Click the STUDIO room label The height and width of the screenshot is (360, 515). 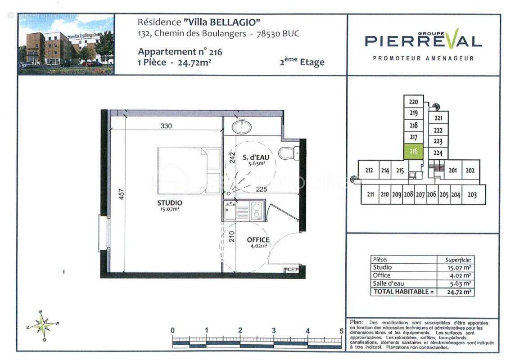(x=170, y=203)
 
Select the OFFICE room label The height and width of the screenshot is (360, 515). (x=258, y=240)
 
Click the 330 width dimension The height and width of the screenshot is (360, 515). (x=167, y=126)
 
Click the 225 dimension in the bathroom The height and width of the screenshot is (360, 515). (x=262, y=189)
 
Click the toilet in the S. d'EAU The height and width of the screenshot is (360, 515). (x=287, y=153)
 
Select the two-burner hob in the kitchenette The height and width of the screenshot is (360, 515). (x=256, y=209)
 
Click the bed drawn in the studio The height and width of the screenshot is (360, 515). (x=189, y=171)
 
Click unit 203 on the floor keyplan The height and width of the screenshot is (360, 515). (x=472, y=195)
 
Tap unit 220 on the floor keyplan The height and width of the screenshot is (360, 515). (x=414, y=102)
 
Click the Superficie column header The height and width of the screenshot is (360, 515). (x=457, y=260)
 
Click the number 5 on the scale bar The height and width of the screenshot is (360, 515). (x=341, y=331)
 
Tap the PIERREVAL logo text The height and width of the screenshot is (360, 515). (x=423, y=41)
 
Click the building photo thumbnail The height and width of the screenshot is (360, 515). (x=66, y=44)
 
